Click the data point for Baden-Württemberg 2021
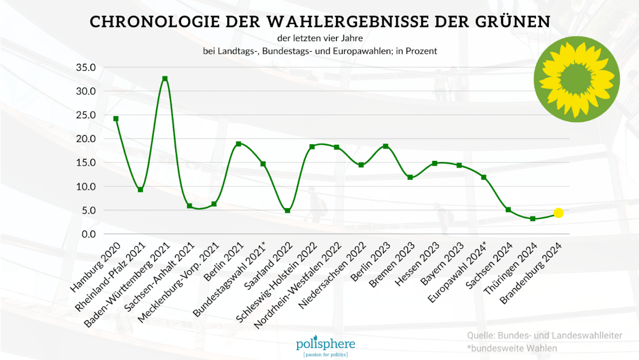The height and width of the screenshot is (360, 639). (165, 79)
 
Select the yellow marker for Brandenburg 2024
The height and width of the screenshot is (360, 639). (558, 213)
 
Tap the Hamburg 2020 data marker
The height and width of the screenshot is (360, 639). (116, 119)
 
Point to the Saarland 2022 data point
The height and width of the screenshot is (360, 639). (288, 211)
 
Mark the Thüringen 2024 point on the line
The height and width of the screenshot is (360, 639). (532, 218)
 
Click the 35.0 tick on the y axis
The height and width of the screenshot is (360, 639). (86, 68)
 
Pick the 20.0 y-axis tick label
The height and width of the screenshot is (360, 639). (86, 139)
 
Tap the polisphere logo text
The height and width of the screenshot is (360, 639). (325, 343)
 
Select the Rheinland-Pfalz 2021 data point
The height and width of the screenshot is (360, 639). (141, 190)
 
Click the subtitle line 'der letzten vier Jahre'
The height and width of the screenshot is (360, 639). (319, 38)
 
